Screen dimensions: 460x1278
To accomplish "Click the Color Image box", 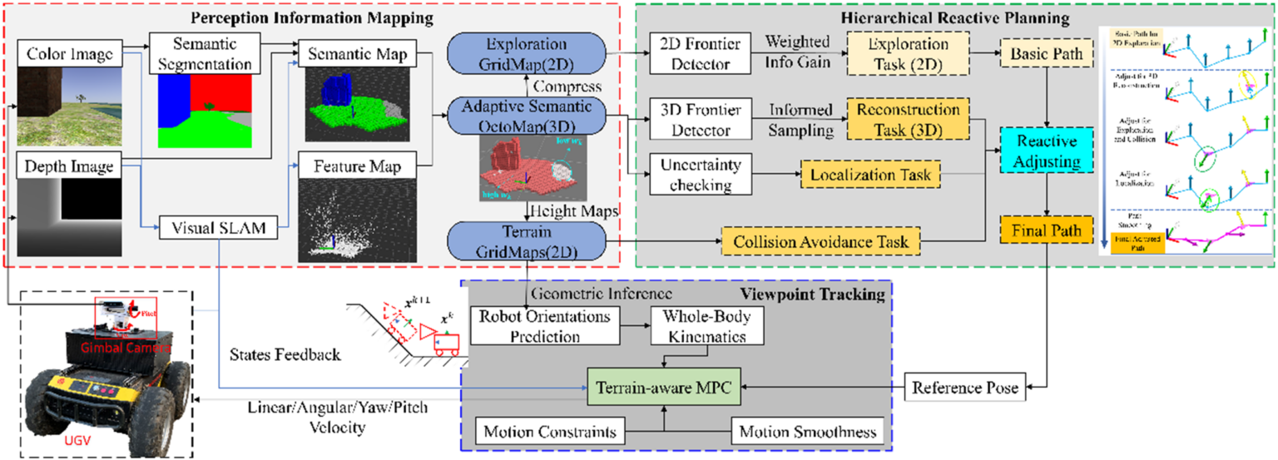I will click(69, 54).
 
